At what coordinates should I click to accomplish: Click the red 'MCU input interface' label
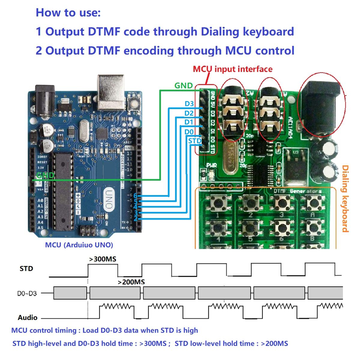pyautogui.click(x=232, y=69)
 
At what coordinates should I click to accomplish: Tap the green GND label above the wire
pyautogui.click(x=183, y=85)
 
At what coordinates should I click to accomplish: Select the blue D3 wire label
pyautogui.click(x=189, y=104)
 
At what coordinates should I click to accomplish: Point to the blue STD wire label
pyautogui.click(x=195, y=141)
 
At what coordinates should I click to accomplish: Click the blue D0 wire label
pyautogui.click(x=189, y=132)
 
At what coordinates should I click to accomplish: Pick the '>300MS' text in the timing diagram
pyautogui.click(x=103, y=259)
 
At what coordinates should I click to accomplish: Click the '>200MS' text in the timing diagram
pyautogui.click(x=131, y=282)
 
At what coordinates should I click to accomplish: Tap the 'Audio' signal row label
pyautogui.click(x=28, y=317)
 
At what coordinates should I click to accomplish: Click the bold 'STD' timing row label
pyautogui.click(x=26, y=268)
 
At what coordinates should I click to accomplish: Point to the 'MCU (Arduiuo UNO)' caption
pyautogui.click(x=79, y=245)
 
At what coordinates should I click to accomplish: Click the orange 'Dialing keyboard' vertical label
pyautogui.click(x=346, y=199)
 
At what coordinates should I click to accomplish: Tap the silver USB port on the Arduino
pyautogui.click(x=111, y=92)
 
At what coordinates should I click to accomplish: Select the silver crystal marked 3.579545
pyautogui.click(x=231, y=157)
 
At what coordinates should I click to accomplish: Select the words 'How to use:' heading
pyautogui.click(x=68, y=13)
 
